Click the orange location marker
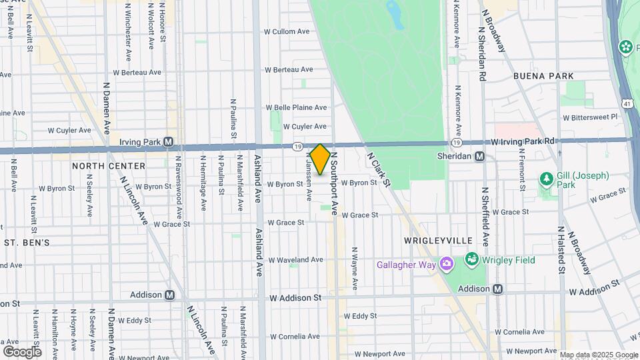click(320, 159)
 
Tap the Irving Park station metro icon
click(168, 142)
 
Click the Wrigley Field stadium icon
click(472, 259)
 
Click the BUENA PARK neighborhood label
click(543, 76)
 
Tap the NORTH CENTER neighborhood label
click(109, 165)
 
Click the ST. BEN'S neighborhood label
click(27, 243)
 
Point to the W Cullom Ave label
click(287, 31)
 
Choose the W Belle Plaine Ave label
click(297, 107)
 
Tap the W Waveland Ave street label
click(296, 260)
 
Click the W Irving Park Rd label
click(523, 141)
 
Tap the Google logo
click(22, 351)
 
